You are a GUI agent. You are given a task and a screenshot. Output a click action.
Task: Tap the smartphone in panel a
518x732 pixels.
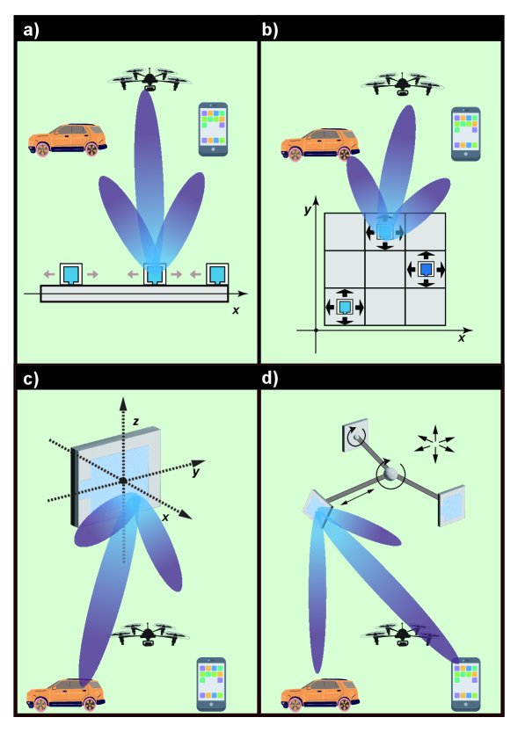pos(213,129)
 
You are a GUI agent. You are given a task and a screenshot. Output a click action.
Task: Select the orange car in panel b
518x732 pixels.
pos(320,145)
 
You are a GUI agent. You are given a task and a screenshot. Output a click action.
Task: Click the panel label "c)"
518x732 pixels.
pos(31,379)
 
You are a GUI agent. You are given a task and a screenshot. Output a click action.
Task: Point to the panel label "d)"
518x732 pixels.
pos(269,378)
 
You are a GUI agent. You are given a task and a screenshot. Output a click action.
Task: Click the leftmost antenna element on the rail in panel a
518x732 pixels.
pos(71,274)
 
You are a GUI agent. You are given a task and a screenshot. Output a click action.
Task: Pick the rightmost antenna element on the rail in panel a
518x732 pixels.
pos(217,274)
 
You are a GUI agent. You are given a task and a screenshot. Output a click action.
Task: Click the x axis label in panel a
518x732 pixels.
pos(236,310)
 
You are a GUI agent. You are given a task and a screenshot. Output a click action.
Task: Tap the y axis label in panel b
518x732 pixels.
pos(307,210)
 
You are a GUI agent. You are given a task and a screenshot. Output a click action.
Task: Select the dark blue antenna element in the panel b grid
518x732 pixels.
pos(426,269)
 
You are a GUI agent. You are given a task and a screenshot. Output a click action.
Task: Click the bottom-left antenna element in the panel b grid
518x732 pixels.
pos(345,307)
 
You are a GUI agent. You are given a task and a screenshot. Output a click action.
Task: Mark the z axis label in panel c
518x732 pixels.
pos(136,422)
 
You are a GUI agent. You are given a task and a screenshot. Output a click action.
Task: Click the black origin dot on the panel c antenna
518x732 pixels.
pos(123,481)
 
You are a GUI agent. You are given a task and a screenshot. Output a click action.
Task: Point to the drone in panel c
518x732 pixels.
pos(149,634)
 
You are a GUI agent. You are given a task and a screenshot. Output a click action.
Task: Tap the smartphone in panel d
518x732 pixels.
pos(466,685)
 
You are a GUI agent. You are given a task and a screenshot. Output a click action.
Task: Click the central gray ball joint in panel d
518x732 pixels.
pos(390,474)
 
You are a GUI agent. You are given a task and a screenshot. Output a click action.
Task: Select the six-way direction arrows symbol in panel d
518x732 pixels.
pos(434,444)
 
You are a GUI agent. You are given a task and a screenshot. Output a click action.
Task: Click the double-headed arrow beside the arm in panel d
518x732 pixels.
pos(357,496)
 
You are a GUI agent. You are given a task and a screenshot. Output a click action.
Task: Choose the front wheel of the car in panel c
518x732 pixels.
pos(41,703)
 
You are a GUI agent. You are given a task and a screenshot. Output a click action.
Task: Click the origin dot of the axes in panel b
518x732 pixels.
pos(317,330)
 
